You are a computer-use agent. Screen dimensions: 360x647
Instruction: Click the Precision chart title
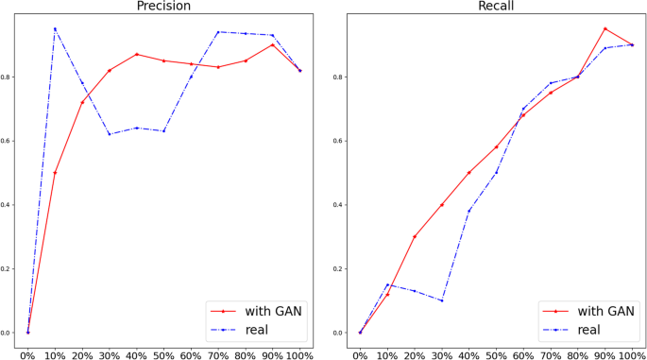[163, 7]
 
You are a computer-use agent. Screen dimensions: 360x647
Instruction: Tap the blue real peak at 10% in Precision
[55, 28]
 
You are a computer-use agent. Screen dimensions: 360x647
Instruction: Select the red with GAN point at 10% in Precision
[55, 173]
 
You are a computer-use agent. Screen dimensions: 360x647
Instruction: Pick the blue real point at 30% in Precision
[110, 134]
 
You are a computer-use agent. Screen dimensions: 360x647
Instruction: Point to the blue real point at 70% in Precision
[218, 32]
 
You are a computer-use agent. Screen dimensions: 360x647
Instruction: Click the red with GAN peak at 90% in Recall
[604, 28]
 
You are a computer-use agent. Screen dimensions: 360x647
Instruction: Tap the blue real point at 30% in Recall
[441, 300]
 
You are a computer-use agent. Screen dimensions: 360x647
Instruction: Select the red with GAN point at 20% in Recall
[414, 236]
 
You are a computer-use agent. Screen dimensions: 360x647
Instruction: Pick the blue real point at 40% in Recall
[468, 211]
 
